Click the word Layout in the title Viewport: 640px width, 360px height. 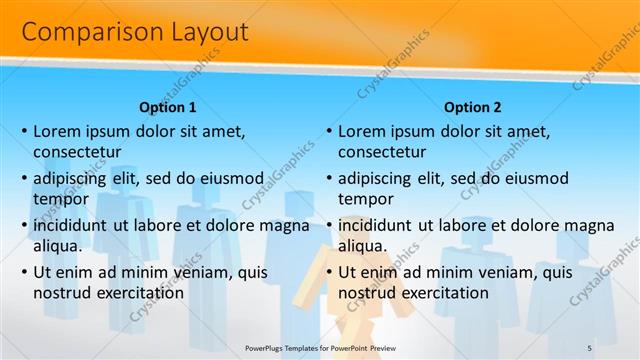pos(203,32)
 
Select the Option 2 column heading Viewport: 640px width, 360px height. pos(473,108)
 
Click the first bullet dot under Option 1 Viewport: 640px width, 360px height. pos(25,131)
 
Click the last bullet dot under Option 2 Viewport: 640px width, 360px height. pos(329,272)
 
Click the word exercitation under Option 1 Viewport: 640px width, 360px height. pos(136,293)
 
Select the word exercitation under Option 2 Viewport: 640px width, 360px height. pos(441,293)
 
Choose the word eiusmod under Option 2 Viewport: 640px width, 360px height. pos(532,178)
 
